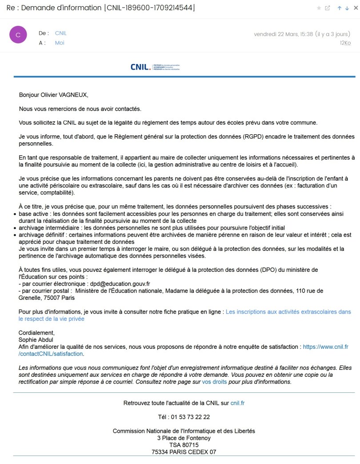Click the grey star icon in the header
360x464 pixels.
[x=319, y=8]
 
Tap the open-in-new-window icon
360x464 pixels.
[x=328, y=8]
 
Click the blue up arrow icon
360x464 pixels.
[x=340, y=8]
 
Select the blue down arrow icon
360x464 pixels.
[x=347, y=8]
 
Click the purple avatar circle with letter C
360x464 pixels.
[x=18, y=35]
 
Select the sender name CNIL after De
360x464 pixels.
[x=61, y=33]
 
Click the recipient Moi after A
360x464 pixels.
[x=60, y=43]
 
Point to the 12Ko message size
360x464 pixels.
[x=345, y=43]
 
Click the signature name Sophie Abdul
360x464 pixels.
[x=36, y=340]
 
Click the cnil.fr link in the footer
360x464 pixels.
[x=238, y=403]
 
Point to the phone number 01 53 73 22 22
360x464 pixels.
[x=184, y=417]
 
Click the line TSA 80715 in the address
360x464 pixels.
[x=184, y=445]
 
